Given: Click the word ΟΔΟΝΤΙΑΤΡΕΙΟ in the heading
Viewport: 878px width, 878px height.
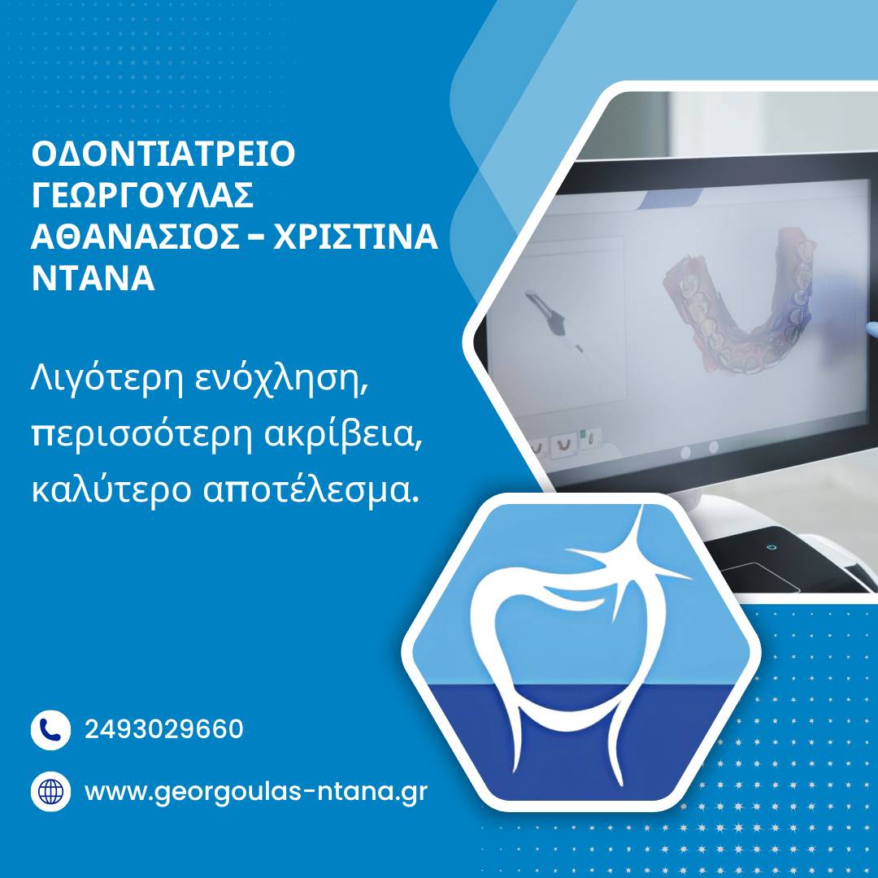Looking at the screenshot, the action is (163, 154).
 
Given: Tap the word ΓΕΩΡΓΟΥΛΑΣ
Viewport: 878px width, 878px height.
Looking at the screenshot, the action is (143, 195).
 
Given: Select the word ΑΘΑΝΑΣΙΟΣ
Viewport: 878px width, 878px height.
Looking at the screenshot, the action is (135, 237).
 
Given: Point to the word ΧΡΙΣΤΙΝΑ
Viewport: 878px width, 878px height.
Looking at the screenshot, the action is (355, 237).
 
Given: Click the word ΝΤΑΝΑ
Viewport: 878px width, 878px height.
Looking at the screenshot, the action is (93, 278).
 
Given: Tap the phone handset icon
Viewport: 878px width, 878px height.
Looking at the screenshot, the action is (50, 729).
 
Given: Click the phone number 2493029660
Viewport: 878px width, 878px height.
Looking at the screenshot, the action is (164, 729).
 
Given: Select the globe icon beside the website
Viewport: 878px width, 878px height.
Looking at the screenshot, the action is (50, 791).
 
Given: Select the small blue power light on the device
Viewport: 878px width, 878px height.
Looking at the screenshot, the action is (772, 546).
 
